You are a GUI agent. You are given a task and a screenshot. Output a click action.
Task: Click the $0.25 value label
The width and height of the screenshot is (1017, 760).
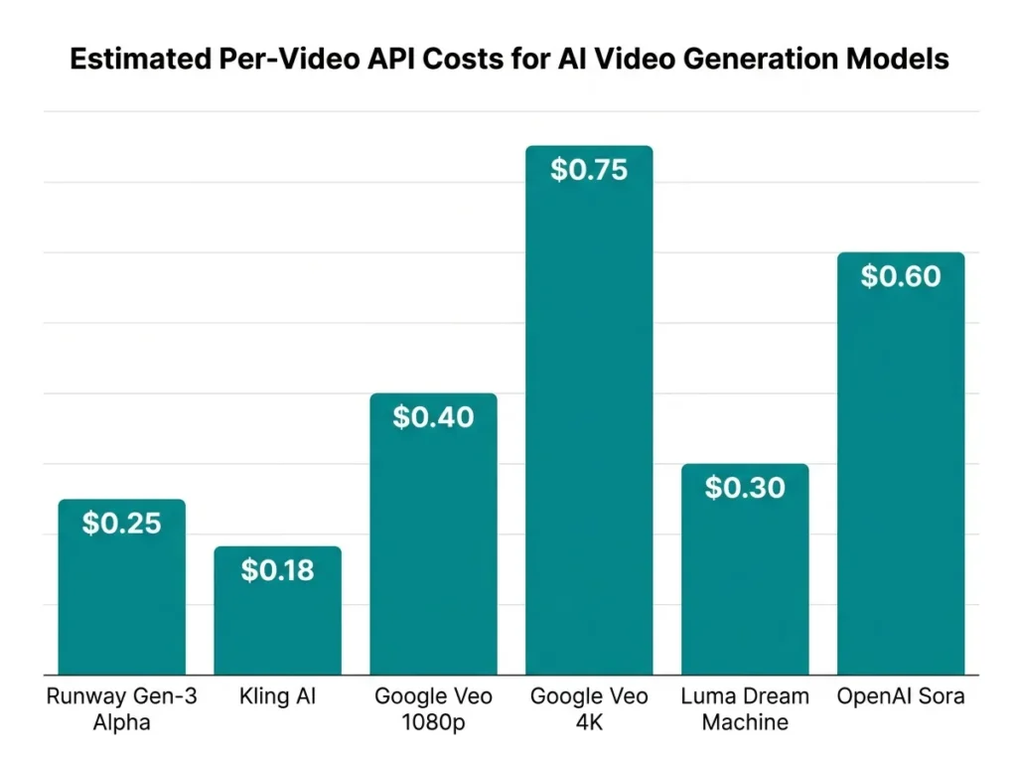coord(121,524)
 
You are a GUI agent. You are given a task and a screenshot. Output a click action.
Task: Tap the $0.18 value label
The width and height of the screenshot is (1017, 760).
coord(277,570)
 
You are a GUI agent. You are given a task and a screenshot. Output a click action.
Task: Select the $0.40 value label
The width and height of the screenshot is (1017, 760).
coord(433,417)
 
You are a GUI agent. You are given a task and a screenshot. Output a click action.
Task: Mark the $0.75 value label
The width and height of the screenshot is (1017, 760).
coord(589,170)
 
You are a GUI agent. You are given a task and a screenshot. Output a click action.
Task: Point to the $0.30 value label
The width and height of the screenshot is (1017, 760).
coord(745,488)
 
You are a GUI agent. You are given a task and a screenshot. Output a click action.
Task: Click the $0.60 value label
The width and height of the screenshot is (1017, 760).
coord(901,276)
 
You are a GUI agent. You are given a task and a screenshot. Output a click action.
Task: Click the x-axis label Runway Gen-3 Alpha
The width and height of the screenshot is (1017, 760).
coord(121,709)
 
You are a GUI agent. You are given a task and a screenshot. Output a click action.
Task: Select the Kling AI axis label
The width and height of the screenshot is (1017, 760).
coord(277,697)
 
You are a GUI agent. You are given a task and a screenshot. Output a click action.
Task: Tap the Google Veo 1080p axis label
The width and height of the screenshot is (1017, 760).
coord(433,709)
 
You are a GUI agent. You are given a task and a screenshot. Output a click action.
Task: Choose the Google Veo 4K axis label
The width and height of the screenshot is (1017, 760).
coord(589,709)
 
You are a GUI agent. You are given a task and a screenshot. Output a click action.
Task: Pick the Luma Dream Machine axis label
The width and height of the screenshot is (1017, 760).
coord(745,709)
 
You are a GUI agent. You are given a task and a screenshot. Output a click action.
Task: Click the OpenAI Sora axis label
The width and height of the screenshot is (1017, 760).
coord(901,697)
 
